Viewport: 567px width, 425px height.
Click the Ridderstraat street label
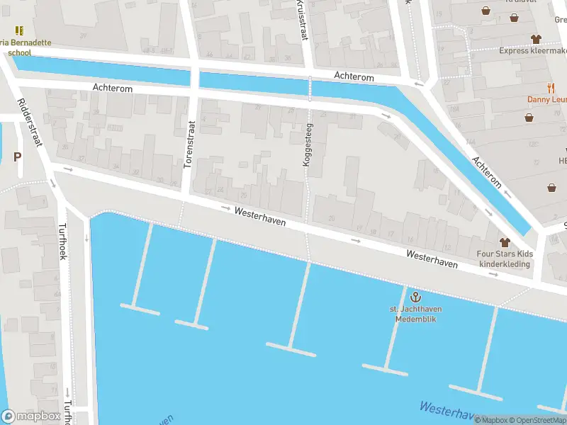point(30,122)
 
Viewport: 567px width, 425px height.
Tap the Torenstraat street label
point(189,144)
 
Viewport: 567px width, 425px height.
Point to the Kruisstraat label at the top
point(302,19)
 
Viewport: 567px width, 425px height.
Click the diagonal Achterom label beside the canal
point(488,172)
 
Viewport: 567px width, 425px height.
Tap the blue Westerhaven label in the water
point(447,410)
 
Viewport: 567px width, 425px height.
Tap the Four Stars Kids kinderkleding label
point(505,259)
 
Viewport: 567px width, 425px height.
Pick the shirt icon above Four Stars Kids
point(505,242)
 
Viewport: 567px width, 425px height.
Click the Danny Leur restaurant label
point(547,100)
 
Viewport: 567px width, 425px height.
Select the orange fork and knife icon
point(551,87)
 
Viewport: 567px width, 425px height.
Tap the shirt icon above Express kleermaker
point(536,39)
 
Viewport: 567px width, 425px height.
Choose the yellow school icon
point(19,30)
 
